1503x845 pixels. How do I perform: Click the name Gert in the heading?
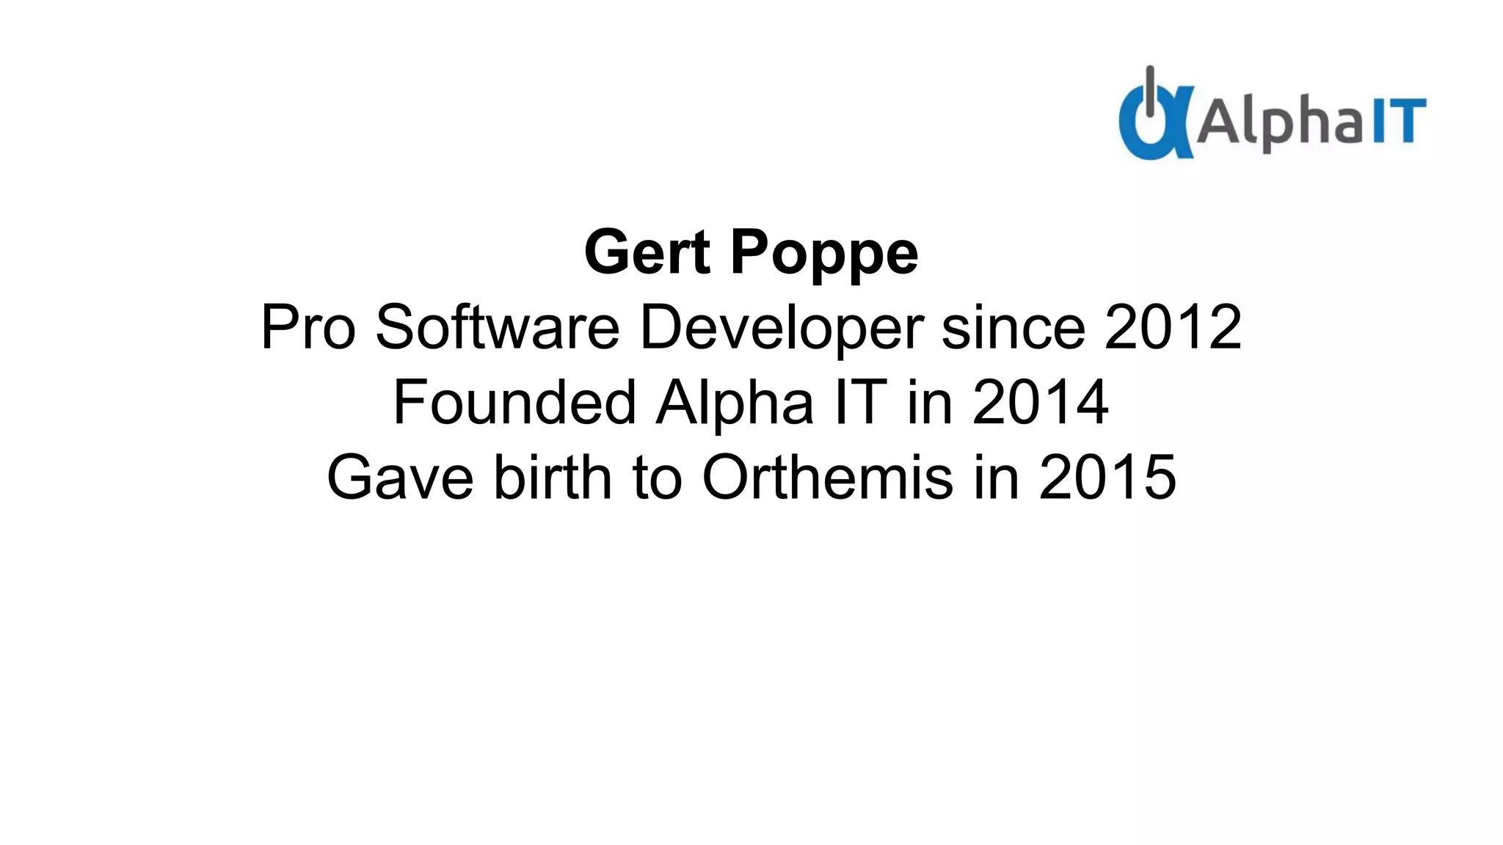pyautogui.click(x=647, y=253)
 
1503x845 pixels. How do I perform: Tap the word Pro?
pyautogui.click(x=308, y=328)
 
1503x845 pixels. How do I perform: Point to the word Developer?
pyautogui.click(x=781, y=328)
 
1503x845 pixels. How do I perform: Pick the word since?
pyautogui.click(x=1013, y=328)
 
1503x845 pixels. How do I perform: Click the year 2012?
pyautogui.click(x=1173, y=328)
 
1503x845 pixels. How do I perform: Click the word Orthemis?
pyautogui.click(x=828, y=477)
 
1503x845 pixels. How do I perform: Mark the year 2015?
pyautogui.click(x=1107, y=477)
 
